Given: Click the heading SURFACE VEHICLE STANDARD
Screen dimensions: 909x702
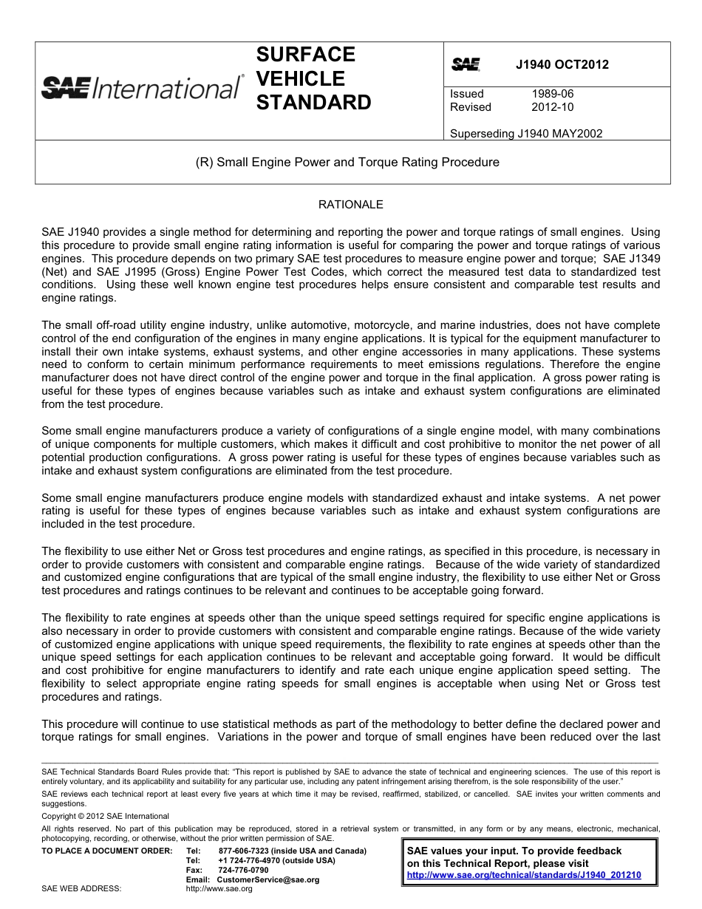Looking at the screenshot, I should (x=313, y=78).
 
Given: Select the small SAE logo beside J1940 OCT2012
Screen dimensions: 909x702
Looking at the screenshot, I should (x=466, y=65).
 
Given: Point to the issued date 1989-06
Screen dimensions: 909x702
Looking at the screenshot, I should (x=552, y=94).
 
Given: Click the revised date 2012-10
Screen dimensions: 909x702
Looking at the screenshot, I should (x=552, y=107).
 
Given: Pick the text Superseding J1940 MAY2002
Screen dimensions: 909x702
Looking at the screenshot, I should (x=525, y=134).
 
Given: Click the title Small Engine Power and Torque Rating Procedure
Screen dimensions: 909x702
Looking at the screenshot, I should (x=352, y=162).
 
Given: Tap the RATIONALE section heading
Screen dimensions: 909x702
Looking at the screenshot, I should (x=351, y=204).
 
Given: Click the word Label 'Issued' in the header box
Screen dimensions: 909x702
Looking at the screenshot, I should (x=467, y=94).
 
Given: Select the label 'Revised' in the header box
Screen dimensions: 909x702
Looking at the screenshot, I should (x=471, y=107).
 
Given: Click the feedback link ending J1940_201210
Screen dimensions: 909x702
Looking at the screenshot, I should (x=524, y=875).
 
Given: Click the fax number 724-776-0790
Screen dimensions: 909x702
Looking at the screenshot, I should (x=243, y=871).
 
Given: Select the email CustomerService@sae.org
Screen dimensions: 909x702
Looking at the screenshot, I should (x=268, y=880).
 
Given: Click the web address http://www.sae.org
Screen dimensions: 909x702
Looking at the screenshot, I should (x=219, y=889).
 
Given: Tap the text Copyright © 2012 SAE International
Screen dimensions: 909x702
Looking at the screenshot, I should (x=105, y=817).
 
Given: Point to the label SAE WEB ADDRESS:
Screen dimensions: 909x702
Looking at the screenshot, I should (x=81, y=889).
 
